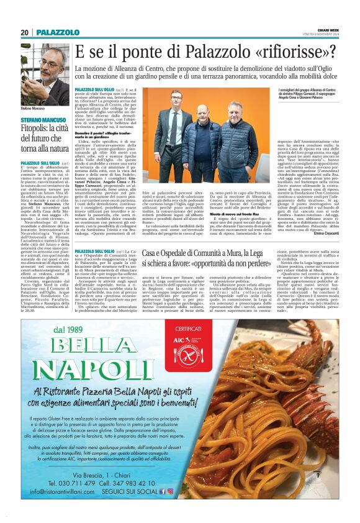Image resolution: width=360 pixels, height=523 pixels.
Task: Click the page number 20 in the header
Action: (x=25, y=32)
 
